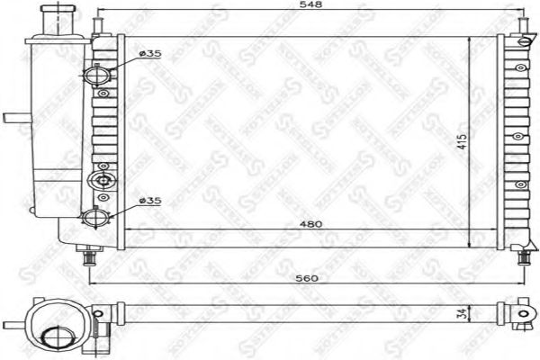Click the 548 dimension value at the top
click(311, 6)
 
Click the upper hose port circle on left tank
click(98, 75)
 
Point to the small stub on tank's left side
click(14, 117)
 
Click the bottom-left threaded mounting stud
click(89, 258)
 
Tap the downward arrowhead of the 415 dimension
click(471, 245)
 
